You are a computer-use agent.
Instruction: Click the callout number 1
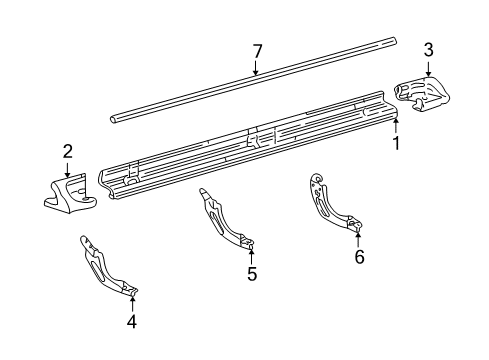coord(397,143)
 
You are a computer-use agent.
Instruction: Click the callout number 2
coord(67,151)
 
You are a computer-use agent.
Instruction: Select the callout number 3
coord(428,49)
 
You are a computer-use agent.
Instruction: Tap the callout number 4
coord(132,321)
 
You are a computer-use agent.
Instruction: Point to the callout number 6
coord(359,257)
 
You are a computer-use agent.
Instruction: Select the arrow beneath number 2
coord(67,171)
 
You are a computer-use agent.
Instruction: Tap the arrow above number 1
coord(396,123)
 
